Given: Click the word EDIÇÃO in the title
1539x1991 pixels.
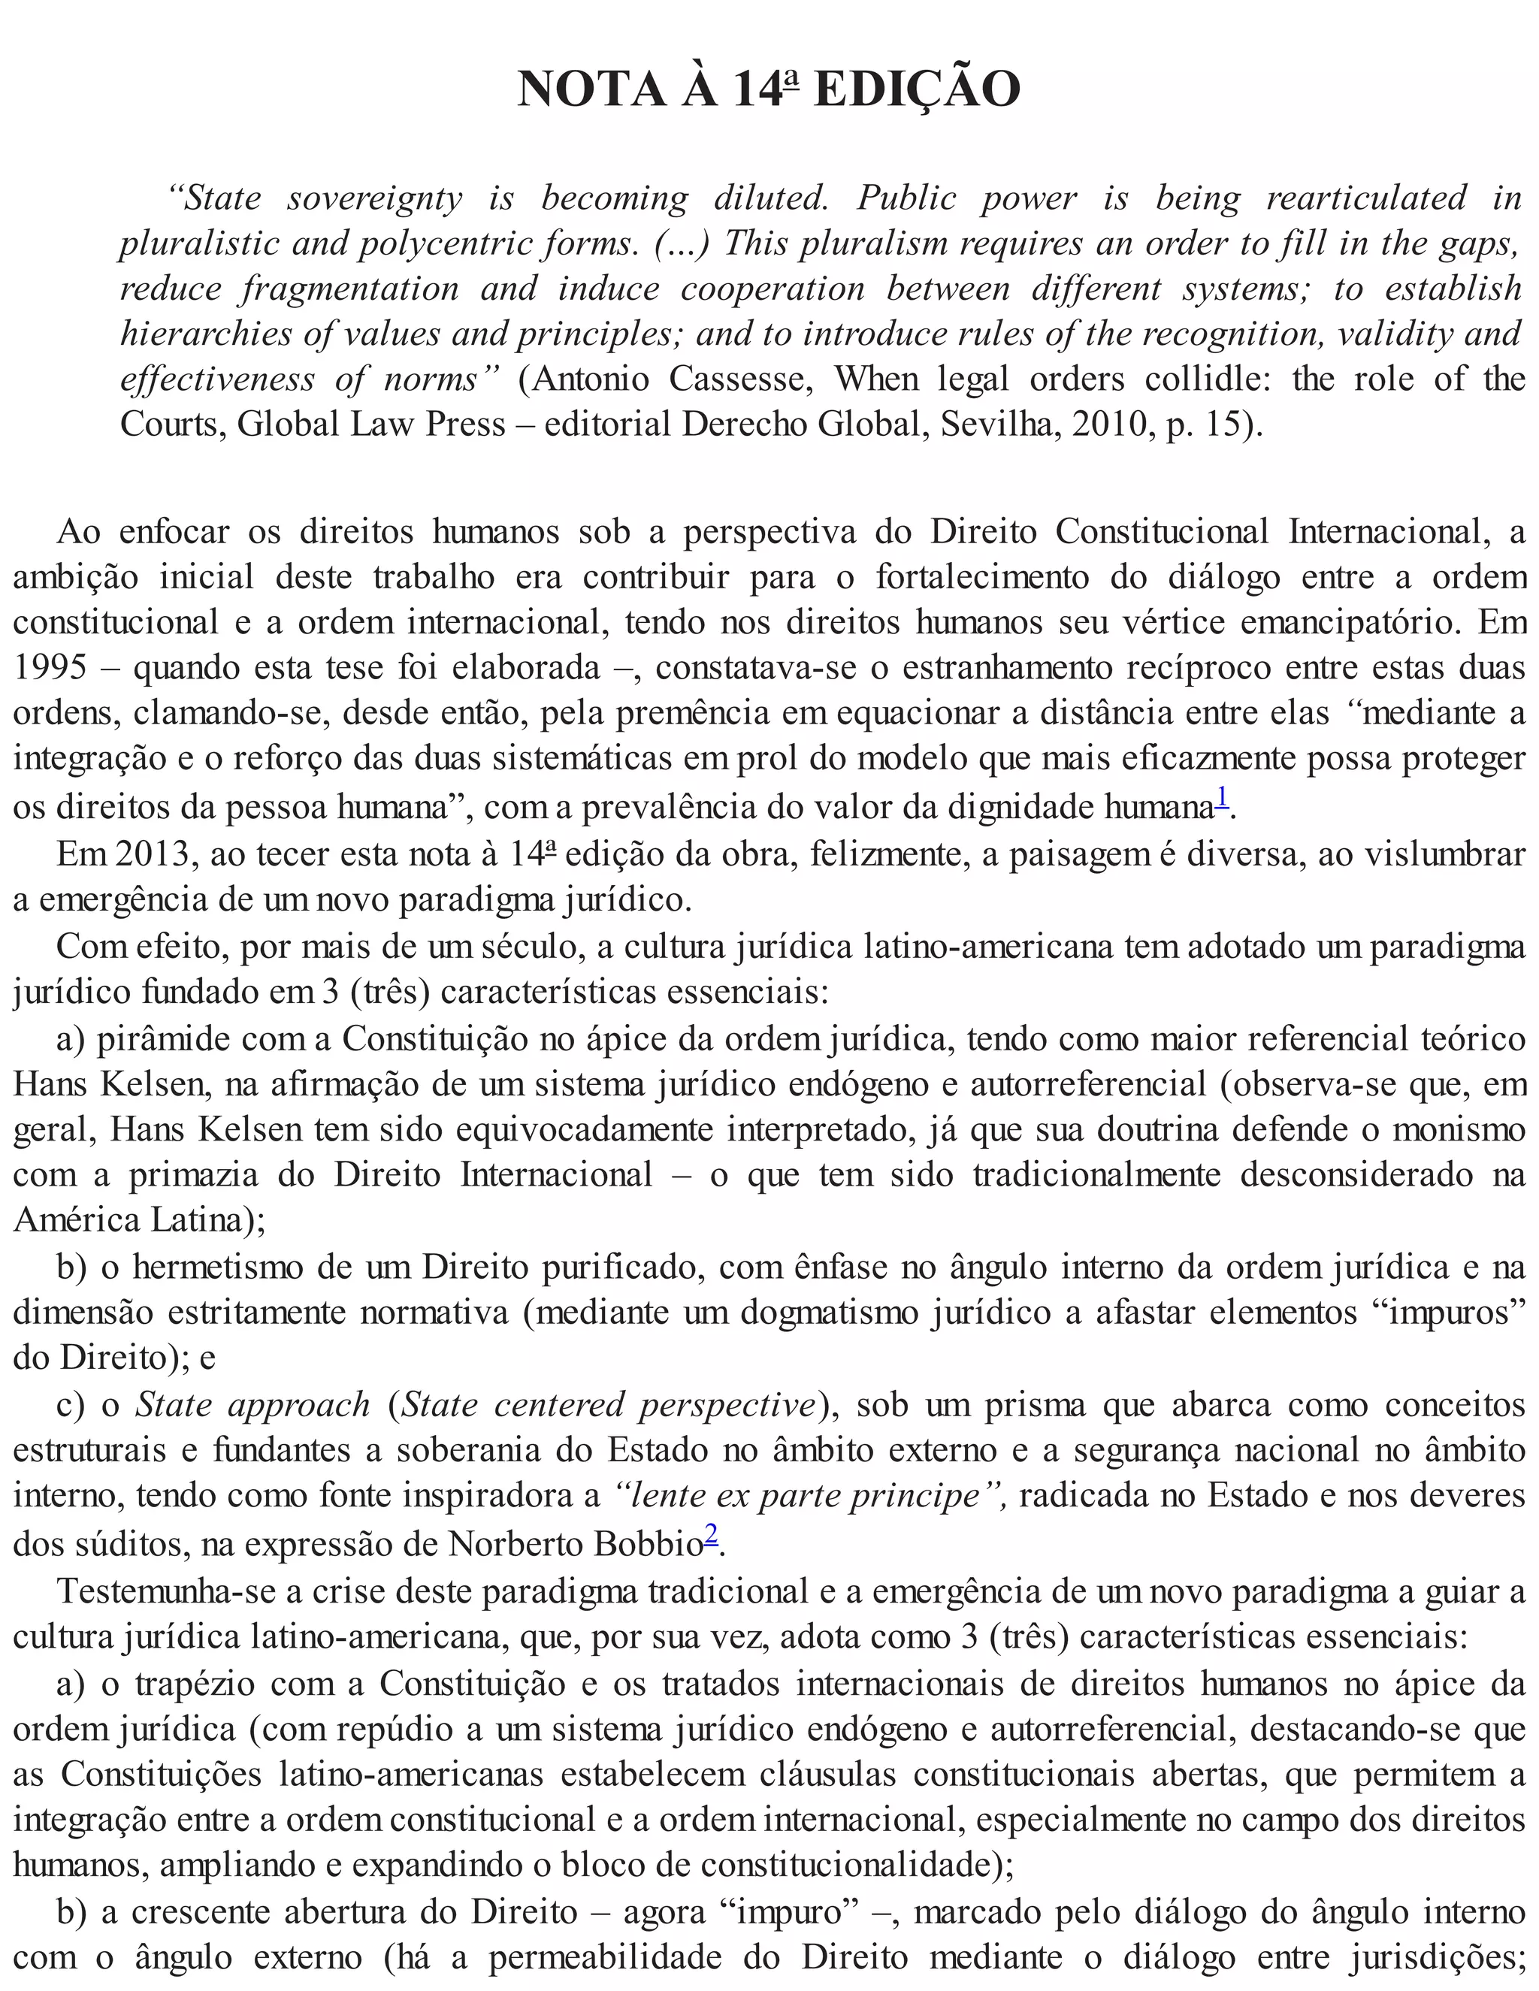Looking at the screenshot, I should click(x=915, y=90).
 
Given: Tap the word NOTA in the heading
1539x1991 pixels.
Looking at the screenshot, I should click(x=591, y=90).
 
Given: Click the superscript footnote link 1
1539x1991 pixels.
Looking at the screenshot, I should click(x=1223, y=799).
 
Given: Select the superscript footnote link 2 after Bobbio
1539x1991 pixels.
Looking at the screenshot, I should click(x=711, y=1537).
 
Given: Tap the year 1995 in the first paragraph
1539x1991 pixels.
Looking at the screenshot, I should click(x=50, y=667).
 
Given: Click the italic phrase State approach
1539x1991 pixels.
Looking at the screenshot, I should click(x=252, y=1405).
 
